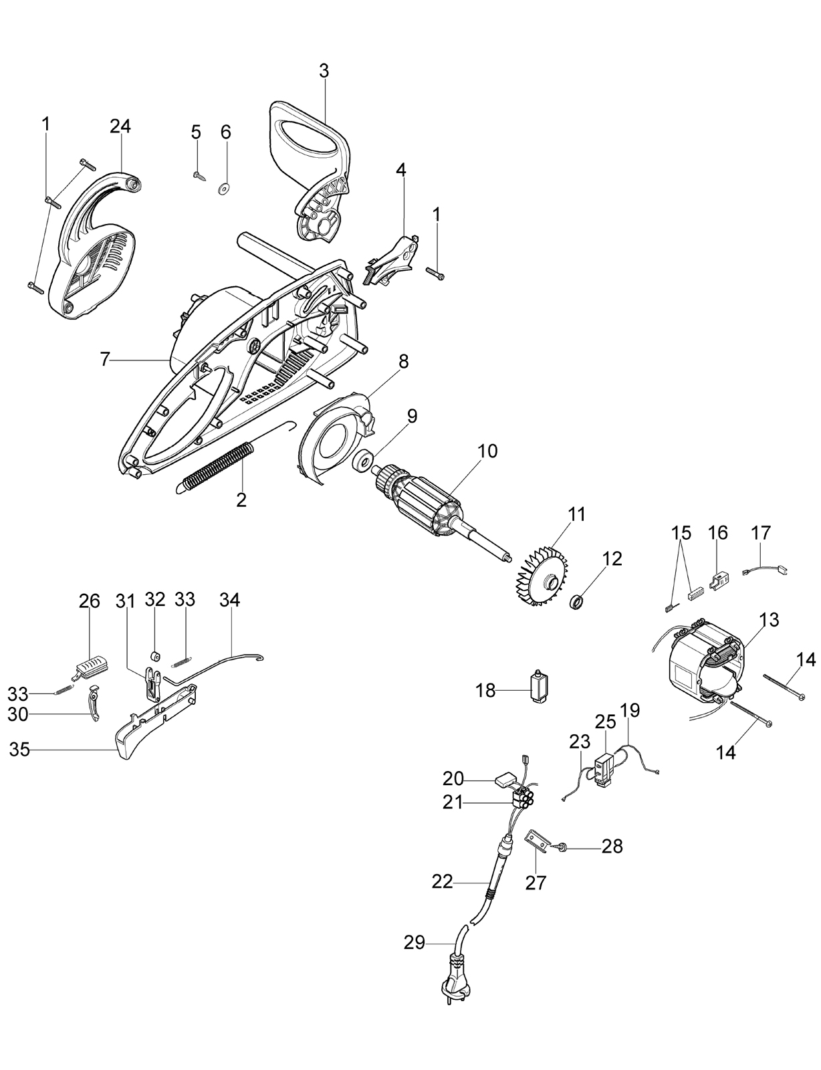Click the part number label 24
click(120, 127)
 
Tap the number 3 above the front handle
click(324, 71)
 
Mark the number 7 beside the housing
click(104, 360)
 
